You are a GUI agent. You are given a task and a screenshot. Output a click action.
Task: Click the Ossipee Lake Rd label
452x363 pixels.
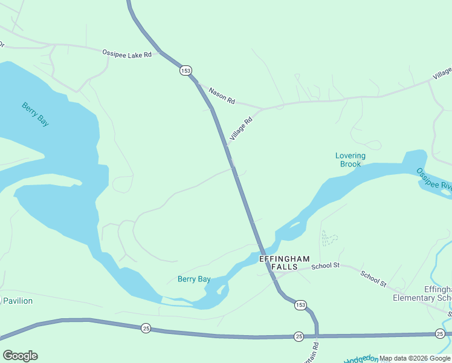[x=130, y=53]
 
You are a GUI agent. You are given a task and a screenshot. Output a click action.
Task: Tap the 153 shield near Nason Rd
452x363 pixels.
[x=186, y=71]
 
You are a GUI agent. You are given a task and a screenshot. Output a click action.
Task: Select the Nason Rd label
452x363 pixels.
[x=221, y=96]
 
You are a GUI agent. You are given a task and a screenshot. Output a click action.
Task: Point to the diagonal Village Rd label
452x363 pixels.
[x=240, y=129]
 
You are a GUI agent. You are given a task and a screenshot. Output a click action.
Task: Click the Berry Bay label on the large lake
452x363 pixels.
[x=35, y=114]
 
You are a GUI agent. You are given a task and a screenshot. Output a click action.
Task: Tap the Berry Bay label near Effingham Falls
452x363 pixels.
[x=194, y=279]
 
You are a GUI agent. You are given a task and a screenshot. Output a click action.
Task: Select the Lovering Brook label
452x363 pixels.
[x=350, y=160]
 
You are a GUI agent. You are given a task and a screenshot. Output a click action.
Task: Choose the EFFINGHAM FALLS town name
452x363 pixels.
[x=284, y=263]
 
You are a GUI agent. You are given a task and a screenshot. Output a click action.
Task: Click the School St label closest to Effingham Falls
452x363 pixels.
[x=326, y=266]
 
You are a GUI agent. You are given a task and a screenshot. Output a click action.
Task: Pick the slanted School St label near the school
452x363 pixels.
[x=373, y=278]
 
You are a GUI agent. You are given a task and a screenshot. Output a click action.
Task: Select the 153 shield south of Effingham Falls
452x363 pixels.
[x=300, y=306]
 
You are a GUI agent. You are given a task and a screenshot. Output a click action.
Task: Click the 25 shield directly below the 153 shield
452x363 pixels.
[x=299, y=336]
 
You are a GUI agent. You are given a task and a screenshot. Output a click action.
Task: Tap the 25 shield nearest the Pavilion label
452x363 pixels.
[x=146, y=328]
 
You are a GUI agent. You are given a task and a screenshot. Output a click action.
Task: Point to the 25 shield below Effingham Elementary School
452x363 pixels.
[x=439, y=333]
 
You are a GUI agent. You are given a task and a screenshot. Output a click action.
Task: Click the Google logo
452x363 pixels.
[x=20, y=356]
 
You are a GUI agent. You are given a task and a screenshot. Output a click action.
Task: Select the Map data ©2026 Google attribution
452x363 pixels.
[x=415, y=359]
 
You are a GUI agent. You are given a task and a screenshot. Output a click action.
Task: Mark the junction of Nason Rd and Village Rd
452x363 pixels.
[x=262, y=109]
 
